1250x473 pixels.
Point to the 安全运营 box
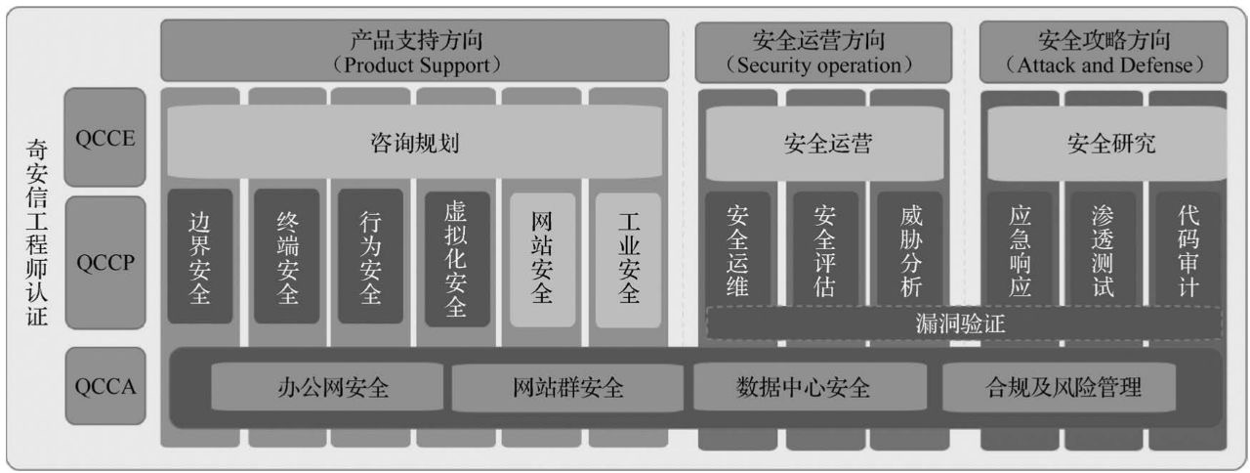(827, 144)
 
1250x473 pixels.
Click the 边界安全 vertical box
(200, 256)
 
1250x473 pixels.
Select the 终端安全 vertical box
(286, 256)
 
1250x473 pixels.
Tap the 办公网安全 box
(333, 388)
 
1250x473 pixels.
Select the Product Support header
(415, 51)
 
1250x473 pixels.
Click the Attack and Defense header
(1104, 51)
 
